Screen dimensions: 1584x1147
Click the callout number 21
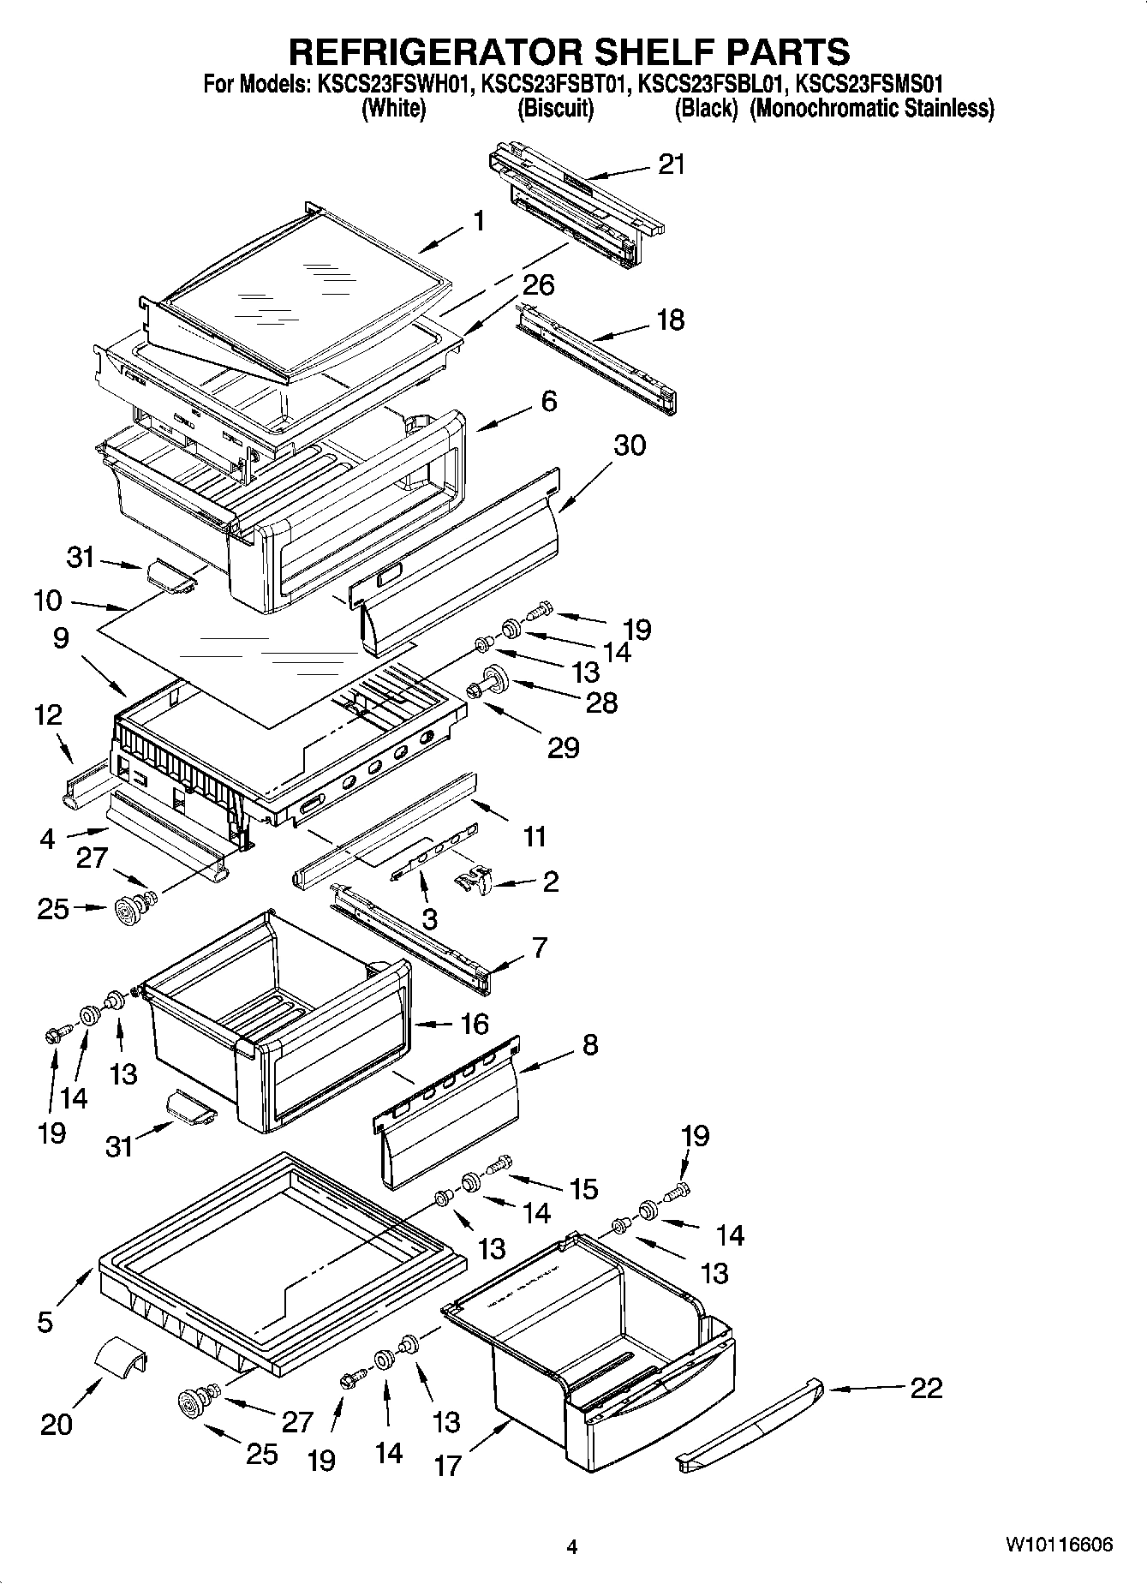[672, 164]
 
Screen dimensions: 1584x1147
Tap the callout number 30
[630, 445]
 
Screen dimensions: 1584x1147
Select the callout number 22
[925, 1387]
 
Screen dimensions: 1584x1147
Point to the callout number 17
[447, 1466]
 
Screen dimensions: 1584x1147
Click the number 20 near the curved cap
[57, 1424]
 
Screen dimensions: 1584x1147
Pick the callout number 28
[600, 702]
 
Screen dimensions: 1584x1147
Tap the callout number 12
[49, 714]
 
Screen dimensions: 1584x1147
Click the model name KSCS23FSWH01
[390, 85]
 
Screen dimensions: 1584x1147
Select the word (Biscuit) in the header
[555, 109]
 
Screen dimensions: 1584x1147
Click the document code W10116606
[1059, 1545]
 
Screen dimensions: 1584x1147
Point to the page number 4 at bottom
[572, 1547]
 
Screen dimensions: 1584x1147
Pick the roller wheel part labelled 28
[495, 679]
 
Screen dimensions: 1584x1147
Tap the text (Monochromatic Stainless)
[872, 109]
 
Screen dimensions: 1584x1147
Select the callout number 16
[473, 1024]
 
